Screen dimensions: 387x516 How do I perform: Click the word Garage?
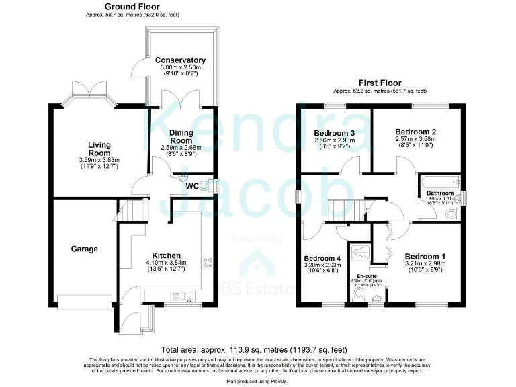pos(85,249)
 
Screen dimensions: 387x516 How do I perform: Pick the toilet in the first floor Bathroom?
pos(452,214)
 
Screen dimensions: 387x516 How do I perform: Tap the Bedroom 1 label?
pos(424,256)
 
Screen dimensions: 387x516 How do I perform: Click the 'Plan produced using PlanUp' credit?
pos(258,381)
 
